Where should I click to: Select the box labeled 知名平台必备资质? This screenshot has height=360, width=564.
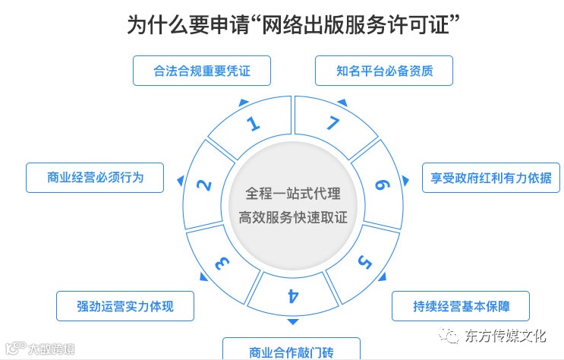coord(384,71)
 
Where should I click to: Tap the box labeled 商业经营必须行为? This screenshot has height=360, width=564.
coord(95,178)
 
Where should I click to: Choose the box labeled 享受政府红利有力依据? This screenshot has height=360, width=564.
coord(491,178)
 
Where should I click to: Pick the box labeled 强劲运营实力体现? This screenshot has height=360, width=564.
coord(125,306)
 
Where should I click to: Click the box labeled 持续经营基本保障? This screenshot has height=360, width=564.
coord(461,306)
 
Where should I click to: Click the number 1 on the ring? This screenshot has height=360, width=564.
coord(253,125)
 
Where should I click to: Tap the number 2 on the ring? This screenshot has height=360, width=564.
coord(203,185)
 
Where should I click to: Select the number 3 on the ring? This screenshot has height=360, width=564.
coord(221,263)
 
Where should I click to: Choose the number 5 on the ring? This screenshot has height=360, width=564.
coord(364,263)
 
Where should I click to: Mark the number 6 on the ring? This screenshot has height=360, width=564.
coord(382,185)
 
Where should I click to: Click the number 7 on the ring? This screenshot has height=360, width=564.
coord(332,125)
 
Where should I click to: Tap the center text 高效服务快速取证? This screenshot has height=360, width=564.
coord(292,217)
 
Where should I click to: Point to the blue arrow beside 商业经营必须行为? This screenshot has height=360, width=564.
coord(180,180)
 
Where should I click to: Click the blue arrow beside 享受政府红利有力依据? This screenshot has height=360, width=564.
coord(405,180)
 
